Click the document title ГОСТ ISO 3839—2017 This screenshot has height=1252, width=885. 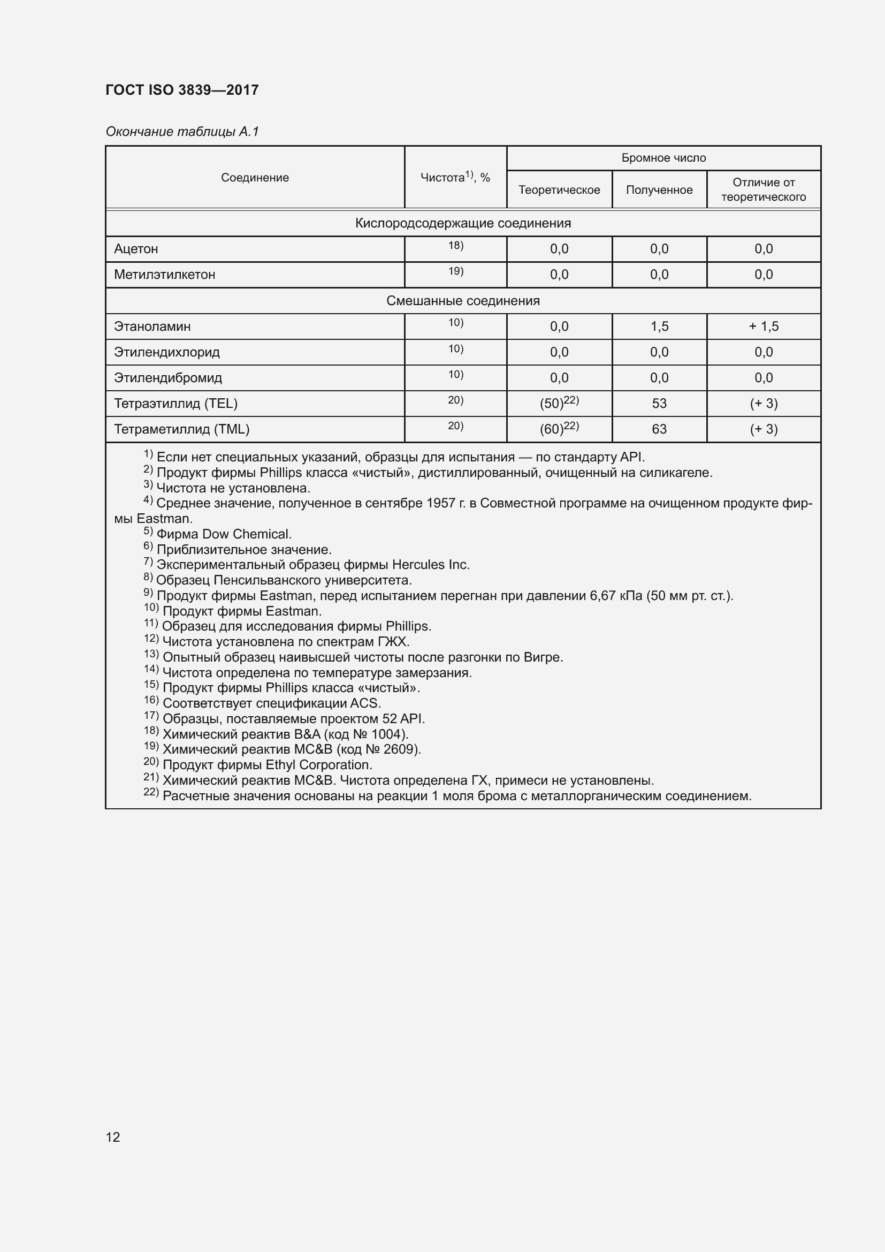pos(182,90)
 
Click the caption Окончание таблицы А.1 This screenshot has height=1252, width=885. pos(182,132)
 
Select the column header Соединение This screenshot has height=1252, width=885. pos(255,178)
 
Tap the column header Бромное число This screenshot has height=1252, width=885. pos(663,158)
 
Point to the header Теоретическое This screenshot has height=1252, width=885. pos(559,190)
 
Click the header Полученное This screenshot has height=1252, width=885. pos(659,190)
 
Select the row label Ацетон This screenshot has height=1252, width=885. pos(136,249)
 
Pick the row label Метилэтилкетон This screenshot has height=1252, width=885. pos(164,275)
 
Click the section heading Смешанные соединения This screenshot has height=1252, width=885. pos(463,301)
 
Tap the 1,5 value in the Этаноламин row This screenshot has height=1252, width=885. pos(659,327)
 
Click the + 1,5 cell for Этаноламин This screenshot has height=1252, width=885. pos(764,327)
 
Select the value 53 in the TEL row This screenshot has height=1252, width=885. pos(659,404)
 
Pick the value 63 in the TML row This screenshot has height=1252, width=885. pos(659,429)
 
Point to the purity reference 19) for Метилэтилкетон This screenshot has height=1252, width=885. pos(455,271)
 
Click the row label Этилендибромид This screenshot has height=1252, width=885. pos(168,378)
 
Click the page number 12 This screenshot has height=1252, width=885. pos(113,1137)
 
